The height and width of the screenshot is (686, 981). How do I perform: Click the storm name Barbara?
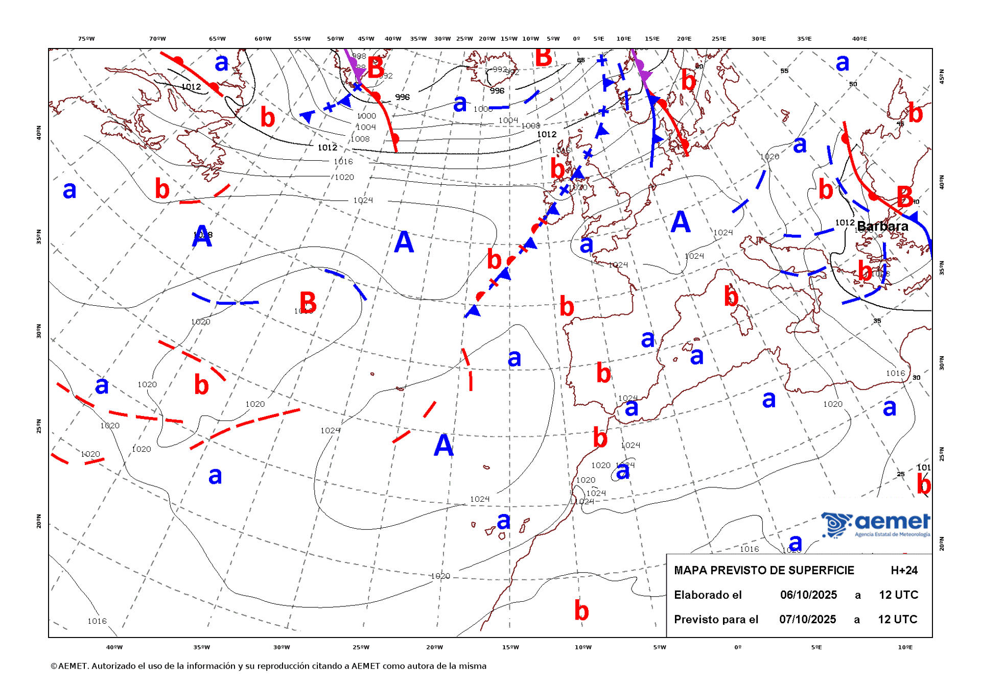pyautogui.click(x=882, y=226)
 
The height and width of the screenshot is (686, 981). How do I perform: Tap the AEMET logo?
pyautogui.click(x=876, y=524)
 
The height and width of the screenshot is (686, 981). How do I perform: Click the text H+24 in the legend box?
pyautogui.click(x=904, y=570)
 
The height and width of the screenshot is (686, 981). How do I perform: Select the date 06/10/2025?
pyautogui.click(x=808, y=595)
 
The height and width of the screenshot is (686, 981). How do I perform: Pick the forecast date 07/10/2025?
pyautogui.click(x=807, y=619)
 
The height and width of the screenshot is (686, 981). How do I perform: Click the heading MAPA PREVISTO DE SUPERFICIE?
pyautogui.click(x=764, y=570)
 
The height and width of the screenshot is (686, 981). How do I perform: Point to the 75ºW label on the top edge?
pyautogui.click(x=86, y=39)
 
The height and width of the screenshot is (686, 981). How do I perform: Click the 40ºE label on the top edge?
pyautogui.click(x=859, y=39)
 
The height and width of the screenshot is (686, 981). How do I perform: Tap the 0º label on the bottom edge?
pyautogui.click(x=737, y=647)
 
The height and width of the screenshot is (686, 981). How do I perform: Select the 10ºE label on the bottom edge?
pyautogui.click(x=905, y=647)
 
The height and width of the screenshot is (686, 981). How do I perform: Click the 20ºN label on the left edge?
pyautogui.click(x=39, y=521)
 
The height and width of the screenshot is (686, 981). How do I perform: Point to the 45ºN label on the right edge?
pyautogui.click(x=942, y=77)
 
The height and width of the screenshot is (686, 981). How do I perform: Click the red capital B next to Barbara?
pyautogui.click(x=905, y=197)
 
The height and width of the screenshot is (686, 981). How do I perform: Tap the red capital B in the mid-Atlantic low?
pyautogui.click(x=308, y=302)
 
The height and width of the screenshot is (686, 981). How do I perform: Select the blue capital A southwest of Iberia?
pyautogui.click(x=443, y=445)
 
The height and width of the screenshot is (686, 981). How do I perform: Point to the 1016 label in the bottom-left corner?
pyautogui.click(x=97, y=621)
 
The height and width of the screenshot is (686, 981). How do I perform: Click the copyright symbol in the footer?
pyautogui.click(x=54, y=666)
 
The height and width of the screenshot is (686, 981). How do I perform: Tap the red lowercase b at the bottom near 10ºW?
pyautogui.click(x=581, y=610)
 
